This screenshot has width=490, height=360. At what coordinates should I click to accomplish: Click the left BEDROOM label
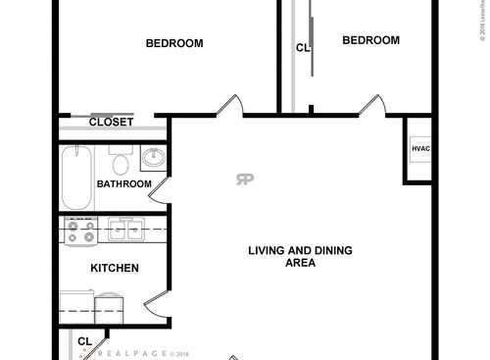(x=173, y=42)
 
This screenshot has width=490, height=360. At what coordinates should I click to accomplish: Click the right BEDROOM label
(x=370, y=40)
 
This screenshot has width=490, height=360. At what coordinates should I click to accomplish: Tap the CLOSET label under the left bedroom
(x=111, y=122)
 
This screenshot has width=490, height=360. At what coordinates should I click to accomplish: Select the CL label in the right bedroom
(x=303, y=47)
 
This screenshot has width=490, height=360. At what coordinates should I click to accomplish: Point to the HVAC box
(x=420, y=148)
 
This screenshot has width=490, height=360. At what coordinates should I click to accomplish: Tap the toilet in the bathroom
(x=121, y=161)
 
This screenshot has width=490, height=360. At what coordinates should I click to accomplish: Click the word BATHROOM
(x=124, y=183)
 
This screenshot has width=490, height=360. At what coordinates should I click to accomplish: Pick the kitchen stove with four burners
(x=80, y=231)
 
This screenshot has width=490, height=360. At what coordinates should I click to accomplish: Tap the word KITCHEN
(x=115, y=268)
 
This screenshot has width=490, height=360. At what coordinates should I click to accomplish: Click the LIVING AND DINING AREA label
(x=299, y=256)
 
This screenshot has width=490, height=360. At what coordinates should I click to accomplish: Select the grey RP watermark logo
(x=243, y=178)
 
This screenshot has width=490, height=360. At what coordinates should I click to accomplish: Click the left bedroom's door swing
(x=229, y=105)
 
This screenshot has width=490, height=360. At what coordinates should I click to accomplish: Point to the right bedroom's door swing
(x=369, y=105)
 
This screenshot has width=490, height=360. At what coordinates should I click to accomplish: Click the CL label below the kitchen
(x=84, y=341)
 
